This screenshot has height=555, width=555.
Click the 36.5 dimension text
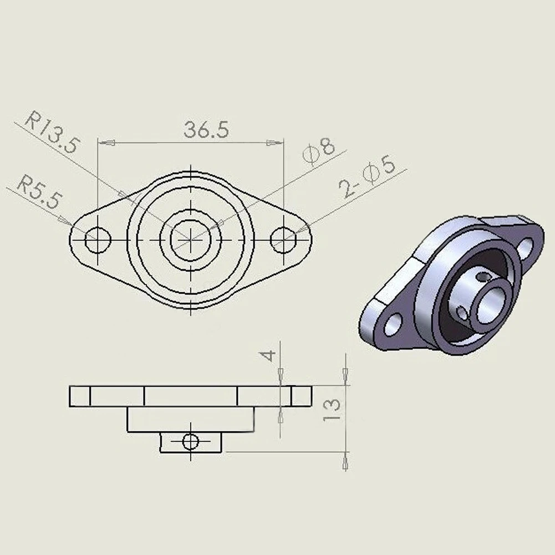coord(206,130)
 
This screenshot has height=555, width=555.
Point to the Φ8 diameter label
coord(319,151)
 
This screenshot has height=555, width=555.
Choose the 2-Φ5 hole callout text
coord(367,177)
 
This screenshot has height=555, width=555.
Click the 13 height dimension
coord(332,410)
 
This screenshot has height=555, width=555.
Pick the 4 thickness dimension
coord(269,355)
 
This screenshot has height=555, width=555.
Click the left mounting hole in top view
coord(98,240)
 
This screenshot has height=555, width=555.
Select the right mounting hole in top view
coord(283,240)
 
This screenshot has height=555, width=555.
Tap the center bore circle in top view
coord(191,240)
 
